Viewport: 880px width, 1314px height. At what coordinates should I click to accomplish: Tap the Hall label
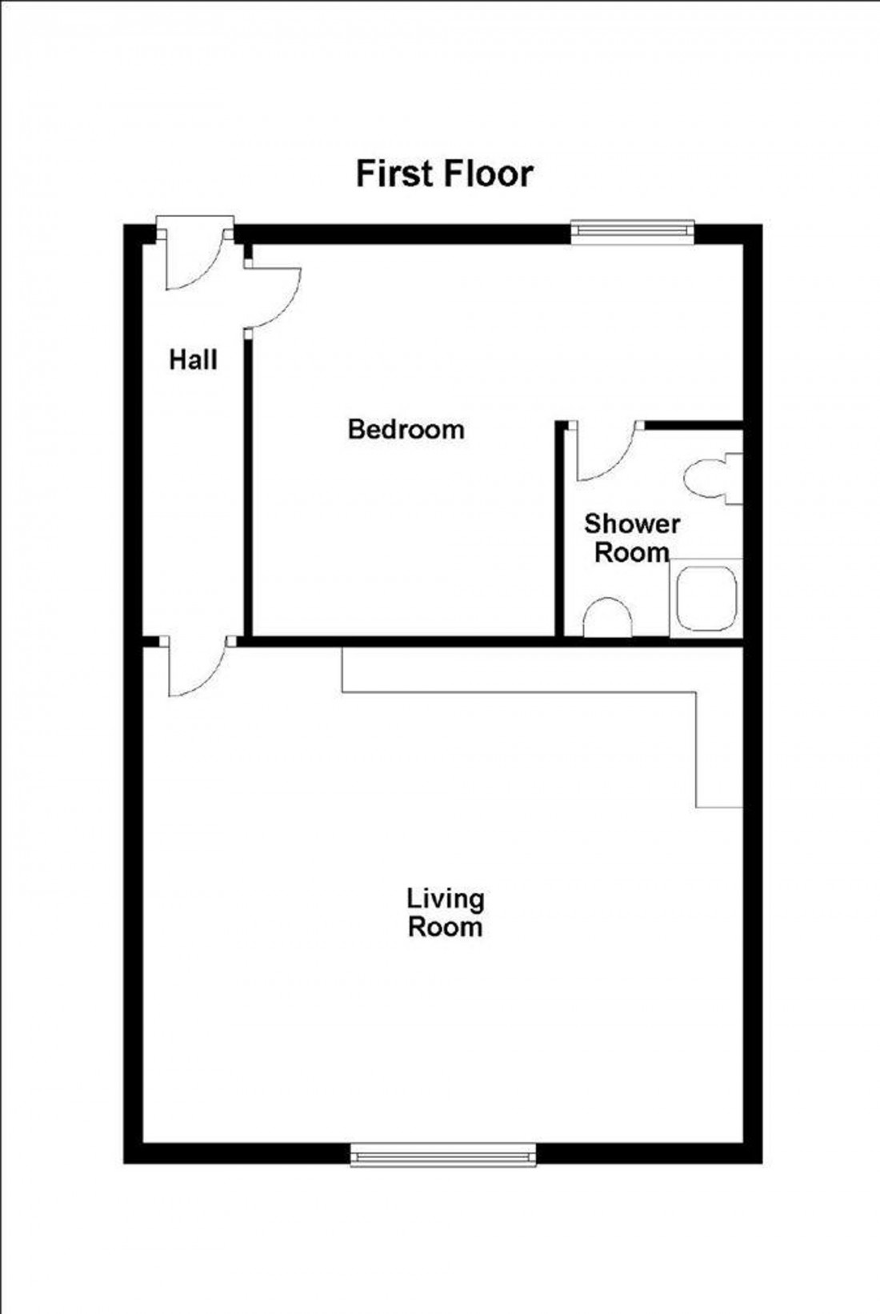click(x=193, y=360)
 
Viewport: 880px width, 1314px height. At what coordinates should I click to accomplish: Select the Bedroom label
click(x=406, y=430)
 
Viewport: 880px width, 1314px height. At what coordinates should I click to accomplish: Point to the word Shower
click(x=632, y=524)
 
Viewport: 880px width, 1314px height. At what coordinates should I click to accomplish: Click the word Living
click(x=446, y=899)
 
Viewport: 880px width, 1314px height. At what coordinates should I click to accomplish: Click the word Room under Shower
click(x=632, y=552)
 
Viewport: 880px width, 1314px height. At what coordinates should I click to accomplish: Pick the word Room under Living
click(x=445, y=927)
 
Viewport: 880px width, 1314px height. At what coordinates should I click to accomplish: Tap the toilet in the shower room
click(x=712, y=479)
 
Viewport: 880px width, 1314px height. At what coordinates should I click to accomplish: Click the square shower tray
click(x=706, y=599)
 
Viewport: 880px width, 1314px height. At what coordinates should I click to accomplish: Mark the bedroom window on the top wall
click(x=631, y=230)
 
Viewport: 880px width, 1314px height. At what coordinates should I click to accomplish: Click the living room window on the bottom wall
click(x=443, y=1154)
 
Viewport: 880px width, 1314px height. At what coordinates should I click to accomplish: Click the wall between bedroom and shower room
click(x=561, y=528)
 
